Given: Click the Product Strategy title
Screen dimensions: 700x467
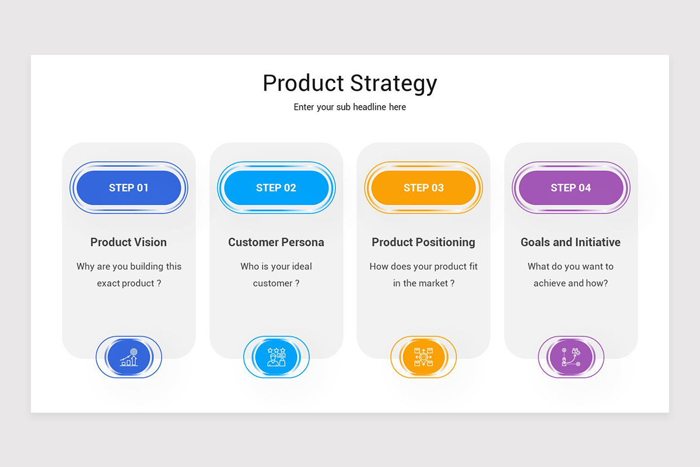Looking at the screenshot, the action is pyautogui.click(x=349, y=83).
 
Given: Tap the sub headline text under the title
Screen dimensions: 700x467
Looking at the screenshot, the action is pyautogui.click(x=349, y=107).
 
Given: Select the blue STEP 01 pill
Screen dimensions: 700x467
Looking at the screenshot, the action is pyautogui.click(x=129, y=188).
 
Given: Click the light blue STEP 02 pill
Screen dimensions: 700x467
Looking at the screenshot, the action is pyautogui.click(x=276, y=188).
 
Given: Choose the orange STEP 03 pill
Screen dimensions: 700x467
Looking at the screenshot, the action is pyautogui.click(x=423, y=188).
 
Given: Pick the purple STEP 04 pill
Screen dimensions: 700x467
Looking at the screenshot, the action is pyautogui.click(x=571, y=188).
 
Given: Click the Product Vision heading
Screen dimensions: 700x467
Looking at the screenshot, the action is pyautogui.click(x=128, y=242).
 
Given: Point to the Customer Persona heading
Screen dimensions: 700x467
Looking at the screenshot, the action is pyautogui.click(x=276, y=242).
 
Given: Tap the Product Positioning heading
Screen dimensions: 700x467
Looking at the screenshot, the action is pyautogui.click(x=423, y=242).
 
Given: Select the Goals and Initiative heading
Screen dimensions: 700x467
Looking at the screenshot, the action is pyautogui.click(x=570, y=242).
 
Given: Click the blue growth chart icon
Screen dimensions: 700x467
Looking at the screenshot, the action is pyautogui.click(x=129, y=357).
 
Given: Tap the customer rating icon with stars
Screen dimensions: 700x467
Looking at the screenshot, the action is pyautogui.click(x=276, y=357).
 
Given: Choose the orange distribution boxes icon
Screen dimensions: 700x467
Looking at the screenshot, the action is pyautogui.click(x=423, y=357).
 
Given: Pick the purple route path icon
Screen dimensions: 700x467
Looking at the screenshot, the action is pyautogui.click(x=571, y=357).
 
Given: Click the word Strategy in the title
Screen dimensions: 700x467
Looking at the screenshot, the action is pyautogui.click(x=393, y=83).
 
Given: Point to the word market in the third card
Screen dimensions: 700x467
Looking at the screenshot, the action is pyautogui.click(x=433, y=283).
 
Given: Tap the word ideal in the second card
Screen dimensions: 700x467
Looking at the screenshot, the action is pyautogui.click(x=301, y=266).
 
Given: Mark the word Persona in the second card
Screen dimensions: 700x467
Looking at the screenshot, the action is pyautogui.click(x=303, y=242).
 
